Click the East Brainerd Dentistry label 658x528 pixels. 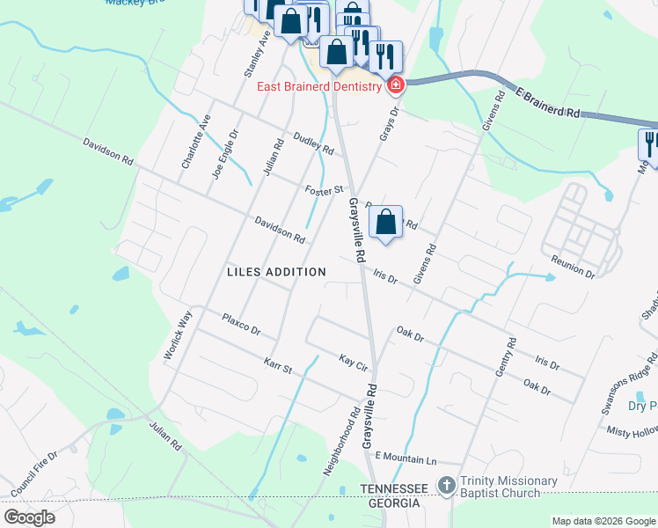tap(318, 85)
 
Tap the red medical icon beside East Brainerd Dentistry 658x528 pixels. tap(394, 85)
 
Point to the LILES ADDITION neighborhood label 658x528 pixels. tap(276, 272)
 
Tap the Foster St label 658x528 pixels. tap(323, 190)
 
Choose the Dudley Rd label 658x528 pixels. tap(313, 143)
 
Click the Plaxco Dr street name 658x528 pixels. tap(241, 324)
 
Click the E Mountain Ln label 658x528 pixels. tap(406, 458)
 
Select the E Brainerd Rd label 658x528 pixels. tap(548, 102)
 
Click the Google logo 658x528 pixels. tap(29, 517)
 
